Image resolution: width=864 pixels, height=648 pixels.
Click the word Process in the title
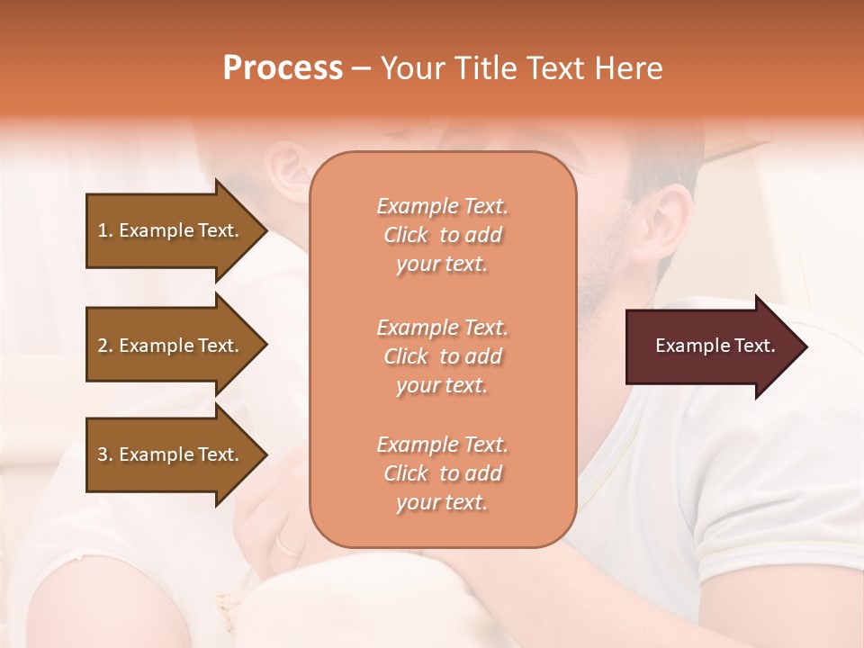pyautogui.click(x=283, y=68)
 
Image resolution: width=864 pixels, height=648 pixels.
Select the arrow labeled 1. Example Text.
pyautogui.click(x=171, y=230)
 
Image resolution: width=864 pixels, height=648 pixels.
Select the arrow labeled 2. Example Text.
pyautogui.click(x=171, y=346)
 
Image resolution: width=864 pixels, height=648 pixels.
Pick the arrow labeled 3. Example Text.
pyautogui.click(x=171, y=454)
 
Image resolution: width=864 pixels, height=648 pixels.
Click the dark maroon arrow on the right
pyautogui.click(x=711, y=346)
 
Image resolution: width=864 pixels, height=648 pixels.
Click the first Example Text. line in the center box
pyautogui.click(x=442, y=206)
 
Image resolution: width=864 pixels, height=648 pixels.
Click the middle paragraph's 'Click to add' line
pyautogui.click(x=442, y=356)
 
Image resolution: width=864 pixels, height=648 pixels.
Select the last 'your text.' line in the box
pyautogui.click(x=442, y=502)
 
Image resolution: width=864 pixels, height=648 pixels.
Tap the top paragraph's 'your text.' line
pyautogui.click(x=442, y=264)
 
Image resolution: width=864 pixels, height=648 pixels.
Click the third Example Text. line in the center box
pyautogui.click(x=442, y=445)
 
